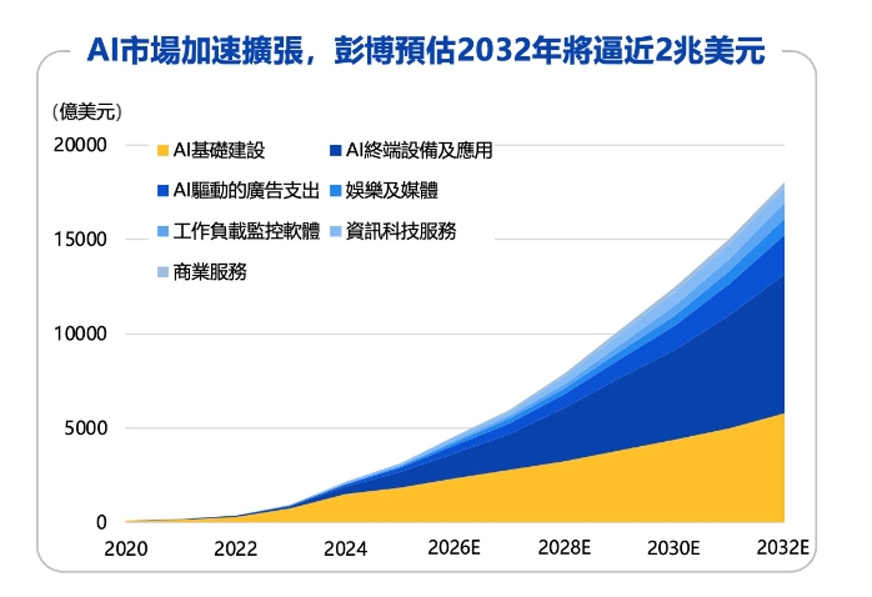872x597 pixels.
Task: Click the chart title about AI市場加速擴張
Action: [x=426, y=51]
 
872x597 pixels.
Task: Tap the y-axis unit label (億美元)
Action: [x=87, y=112]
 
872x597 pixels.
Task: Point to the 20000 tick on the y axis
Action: [x=80, y=145]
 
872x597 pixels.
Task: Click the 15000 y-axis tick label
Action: [x=80, y=239]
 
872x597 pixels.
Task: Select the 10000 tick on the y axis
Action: [x=80, y=334]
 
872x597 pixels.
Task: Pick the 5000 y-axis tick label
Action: [x=86, y=428]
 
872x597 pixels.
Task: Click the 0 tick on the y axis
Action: [x=101, y=522]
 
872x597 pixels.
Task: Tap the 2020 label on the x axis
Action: [x=126, y=548]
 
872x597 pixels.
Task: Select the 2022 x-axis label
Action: [x=235, y=548]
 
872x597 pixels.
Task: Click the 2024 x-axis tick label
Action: [x=345, y=548]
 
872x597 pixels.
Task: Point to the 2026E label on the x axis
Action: [x=454, y=547]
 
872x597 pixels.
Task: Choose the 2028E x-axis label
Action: [x=564, y=547]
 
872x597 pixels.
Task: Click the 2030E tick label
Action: [x=673, y=547]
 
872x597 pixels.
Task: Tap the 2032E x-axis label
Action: [x=783, y=547]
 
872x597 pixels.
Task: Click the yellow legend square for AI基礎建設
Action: [x=162, y=150]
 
